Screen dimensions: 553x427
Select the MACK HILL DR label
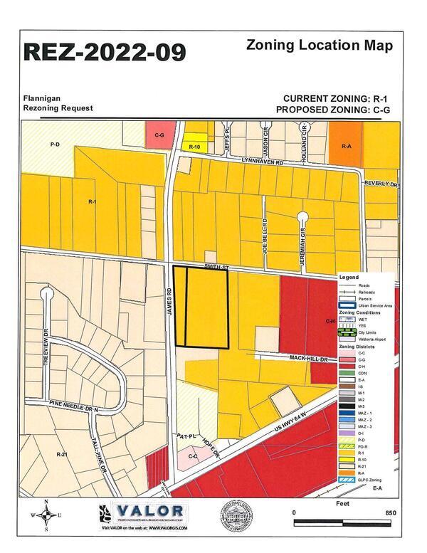307,358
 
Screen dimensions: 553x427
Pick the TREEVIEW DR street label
44,342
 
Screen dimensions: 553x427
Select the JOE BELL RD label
263,235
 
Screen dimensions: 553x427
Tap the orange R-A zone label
347,145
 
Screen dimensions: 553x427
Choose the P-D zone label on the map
55,144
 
